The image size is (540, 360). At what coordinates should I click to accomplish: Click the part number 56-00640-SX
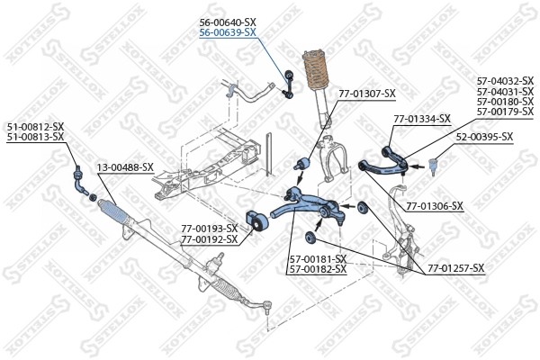click(x=227, y=22)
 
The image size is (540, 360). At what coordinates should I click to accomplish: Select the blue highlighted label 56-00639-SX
click(x=227, y=32)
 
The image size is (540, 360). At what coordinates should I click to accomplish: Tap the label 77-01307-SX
click(x=366, y=94)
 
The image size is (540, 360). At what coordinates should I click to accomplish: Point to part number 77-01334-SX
click(x=421, y=118)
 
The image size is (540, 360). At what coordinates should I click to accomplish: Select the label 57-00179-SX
click(x=505, y=112)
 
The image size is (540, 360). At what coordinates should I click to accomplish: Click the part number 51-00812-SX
click(x=35, y=127)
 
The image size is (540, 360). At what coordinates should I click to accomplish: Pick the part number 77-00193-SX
click(x=209, y=229)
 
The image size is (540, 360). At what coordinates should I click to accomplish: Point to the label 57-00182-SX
click(x=317, y=269)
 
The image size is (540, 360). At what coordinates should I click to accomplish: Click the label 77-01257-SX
click(x=454, y=268)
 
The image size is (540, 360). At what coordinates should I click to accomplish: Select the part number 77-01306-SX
click(x=434, y=206)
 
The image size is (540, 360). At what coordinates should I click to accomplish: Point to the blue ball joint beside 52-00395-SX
click(x=433, y=165)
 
